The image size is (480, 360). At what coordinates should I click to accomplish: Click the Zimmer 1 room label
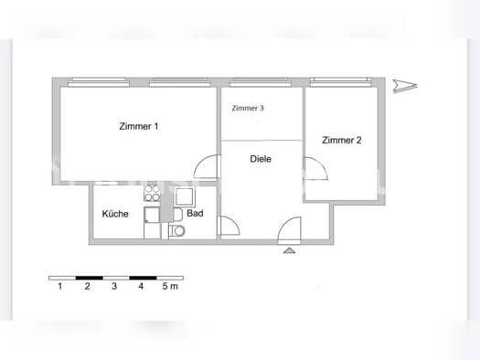coord(138,126)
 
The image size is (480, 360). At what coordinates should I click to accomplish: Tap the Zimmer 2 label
coord(341,140)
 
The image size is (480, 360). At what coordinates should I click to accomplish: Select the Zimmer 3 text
coord(248,108)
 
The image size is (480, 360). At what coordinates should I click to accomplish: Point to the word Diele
coord(261,159)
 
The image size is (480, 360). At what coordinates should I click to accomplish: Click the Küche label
coord(115,214)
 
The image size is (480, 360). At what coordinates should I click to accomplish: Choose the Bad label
coord(194,214)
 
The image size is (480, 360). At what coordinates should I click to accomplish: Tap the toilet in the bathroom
coord(177,232)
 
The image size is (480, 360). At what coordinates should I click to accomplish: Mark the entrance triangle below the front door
coord(290,249)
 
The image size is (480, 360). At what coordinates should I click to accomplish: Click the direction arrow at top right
coord(403,86)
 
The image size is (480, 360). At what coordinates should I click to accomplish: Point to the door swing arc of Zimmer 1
coord(208,169)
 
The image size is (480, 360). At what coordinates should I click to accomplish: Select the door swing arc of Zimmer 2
coord(317,169)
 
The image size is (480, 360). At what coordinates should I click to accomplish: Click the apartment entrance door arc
coord(291,228)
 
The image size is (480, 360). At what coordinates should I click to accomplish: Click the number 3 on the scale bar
coord(113,287)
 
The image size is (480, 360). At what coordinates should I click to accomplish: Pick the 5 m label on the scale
coord(170,287)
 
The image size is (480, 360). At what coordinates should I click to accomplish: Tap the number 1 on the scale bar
coord(59,287)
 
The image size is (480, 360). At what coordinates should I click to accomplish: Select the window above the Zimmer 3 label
coord(261,81)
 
